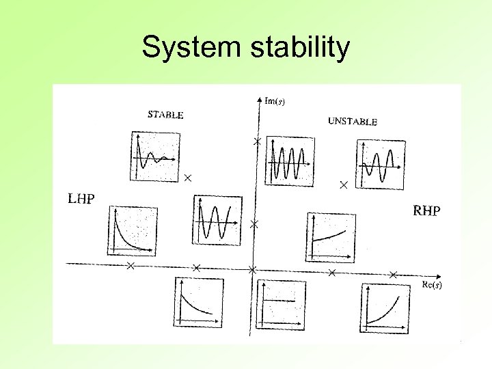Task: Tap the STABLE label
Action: point(165,115)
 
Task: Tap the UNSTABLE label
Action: point(352,122)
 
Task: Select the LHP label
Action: point(81,199)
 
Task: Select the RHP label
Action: point(426,210)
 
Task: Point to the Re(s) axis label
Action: point(431,284)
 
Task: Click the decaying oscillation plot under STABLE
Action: point(154,156)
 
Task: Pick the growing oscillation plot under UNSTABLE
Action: point(380,164)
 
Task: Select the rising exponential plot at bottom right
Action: point(385,308)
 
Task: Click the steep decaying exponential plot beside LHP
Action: point(131,230)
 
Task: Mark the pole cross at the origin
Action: point(252,270)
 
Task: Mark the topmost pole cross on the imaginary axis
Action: point(257,141)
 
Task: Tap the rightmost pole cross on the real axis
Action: point(393,274)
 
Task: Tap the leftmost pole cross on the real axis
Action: point(130,266)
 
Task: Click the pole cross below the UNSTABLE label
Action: point(344,184)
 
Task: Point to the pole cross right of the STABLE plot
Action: point(188,178)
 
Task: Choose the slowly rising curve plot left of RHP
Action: point(331,237)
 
